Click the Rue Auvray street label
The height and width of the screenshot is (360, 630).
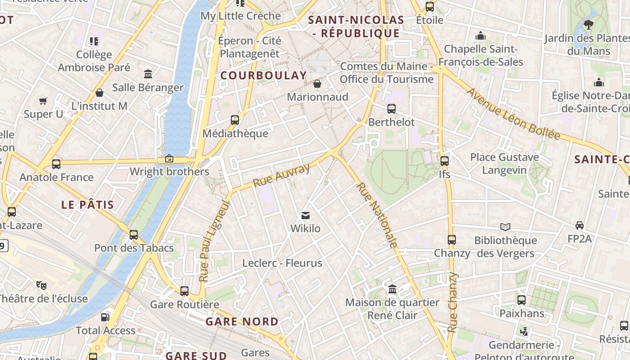coord(282,175)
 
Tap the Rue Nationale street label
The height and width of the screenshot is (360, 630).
coord(377,215)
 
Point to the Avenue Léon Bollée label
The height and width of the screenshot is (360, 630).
coord(513,113)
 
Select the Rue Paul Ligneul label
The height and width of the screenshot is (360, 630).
coord(214,241)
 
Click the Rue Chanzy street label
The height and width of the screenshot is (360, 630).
coord(452,302)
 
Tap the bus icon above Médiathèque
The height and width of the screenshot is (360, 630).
coord(235,120)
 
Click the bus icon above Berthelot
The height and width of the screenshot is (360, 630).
coord(391,109)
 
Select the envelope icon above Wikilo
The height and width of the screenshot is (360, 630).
coord(306,216)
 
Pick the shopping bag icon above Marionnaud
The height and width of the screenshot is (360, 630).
coord(317,84)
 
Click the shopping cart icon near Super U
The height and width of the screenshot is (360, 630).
coord(43,101)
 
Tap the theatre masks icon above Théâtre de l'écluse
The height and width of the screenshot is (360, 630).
coord(41,285)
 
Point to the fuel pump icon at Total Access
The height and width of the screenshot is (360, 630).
coord(105,317)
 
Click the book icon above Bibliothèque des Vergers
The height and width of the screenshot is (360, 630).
coord(505,227)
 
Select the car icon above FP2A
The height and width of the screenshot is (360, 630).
coord(580,225)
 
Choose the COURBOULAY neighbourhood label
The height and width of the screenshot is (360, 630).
coord(264,76)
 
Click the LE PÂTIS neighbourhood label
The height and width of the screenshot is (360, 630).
coord(88,205)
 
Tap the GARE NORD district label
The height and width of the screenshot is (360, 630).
coord(242,322)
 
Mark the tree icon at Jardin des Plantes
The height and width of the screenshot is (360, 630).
coord(588,25)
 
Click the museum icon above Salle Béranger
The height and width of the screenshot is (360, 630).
coord(148,74)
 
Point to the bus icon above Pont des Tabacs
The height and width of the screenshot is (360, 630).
coord(134,234)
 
